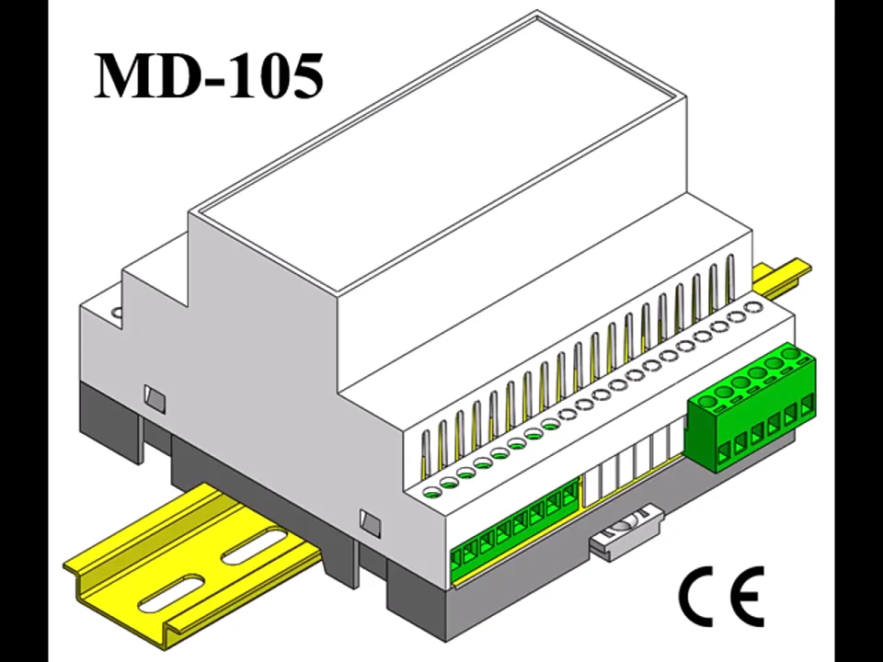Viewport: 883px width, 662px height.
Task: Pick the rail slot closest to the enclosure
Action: click(252, 552)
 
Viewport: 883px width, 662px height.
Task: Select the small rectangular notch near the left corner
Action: click(155, 397)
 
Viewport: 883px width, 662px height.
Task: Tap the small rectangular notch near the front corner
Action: click(370, 521)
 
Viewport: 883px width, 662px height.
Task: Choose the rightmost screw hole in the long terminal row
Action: click(752, 309)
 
